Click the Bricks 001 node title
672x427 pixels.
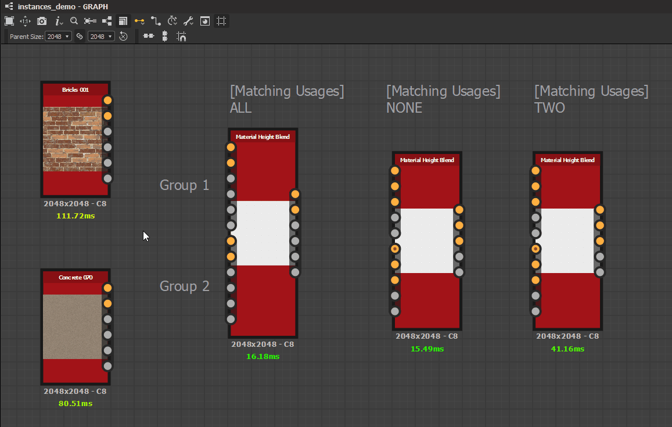76,89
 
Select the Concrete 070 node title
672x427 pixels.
76,277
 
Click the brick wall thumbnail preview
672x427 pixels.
73,139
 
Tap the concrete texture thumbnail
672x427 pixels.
73,326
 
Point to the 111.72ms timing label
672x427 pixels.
76,216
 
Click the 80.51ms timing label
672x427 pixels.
76,403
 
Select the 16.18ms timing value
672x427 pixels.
263,356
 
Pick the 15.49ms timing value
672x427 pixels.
427,349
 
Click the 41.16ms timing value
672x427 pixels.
567,349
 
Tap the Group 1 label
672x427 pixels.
184,185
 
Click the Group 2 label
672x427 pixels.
184,286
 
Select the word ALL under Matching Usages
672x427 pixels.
241,107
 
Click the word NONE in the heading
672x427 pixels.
404,107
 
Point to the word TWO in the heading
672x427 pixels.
549,107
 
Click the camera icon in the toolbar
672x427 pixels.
42,21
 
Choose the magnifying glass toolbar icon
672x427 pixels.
74,20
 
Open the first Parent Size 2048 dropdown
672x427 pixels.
58,37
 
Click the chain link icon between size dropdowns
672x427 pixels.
80,37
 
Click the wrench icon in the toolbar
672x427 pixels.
188,21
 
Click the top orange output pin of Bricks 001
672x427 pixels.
107,101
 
